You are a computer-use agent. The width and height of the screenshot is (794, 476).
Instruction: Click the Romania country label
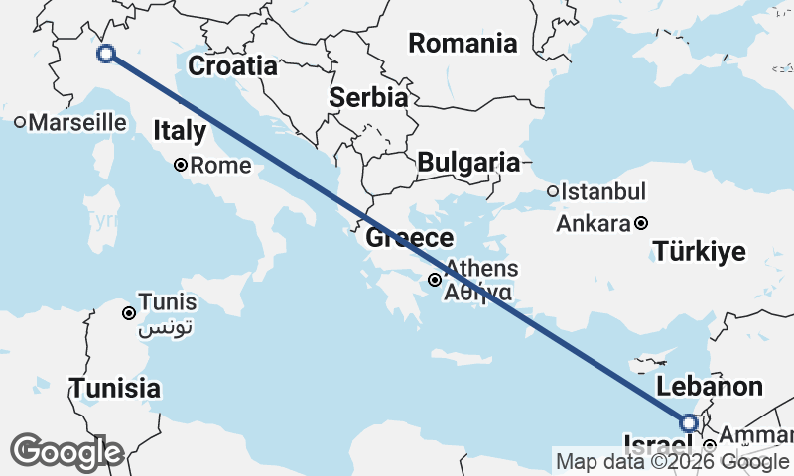pos(463,44)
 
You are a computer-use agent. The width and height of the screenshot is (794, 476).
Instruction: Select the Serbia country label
pos(368,98)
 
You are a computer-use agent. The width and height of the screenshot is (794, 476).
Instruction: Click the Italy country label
pos(180,131)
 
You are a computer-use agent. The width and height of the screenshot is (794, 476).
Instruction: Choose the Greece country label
pos(410,239)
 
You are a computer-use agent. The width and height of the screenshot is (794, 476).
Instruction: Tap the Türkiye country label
pos(700,252)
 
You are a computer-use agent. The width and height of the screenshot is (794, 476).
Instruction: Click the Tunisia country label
pos(114,388)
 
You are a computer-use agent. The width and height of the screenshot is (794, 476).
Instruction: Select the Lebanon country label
pos(711,387)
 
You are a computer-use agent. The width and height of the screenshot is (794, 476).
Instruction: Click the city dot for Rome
pos(181,166)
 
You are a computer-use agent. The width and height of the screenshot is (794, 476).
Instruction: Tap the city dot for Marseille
pos(20,123)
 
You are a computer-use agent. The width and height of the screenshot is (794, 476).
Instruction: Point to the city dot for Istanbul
pos(552,191)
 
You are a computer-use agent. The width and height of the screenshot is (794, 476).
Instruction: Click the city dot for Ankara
pos(642,223)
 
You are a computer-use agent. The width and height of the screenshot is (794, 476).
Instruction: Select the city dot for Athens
pos(435,280)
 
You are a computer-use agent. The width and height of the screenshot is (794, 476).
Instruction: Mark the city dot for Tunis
pos(129,313)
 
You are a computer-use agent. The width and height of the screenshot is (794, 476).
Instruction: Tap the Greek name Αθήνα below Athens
pos(478,293)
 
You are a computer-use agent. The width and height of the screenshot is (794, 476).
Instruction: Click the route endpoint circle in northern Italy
pos(106,54)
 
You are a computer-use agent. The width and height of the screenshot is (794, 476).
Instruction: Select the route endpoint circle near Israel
pos(688,423)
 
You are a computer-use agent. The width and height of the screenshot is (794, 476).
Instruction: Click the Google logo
pos(66,452)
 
